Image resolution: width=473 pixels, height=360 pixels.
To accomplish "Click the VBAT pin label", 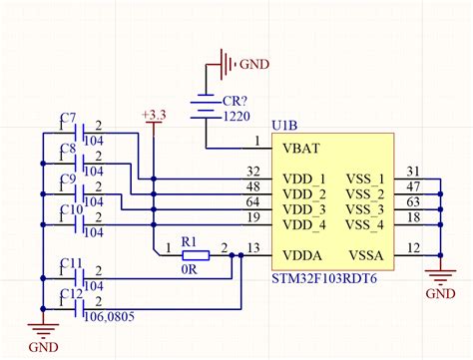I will click(301, 149).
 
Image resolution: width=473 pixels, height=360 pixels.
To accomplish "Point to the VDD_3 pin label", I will click(304, 210).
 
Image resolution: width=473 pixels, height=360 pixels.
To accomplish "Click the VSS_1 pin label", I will click(364, 179).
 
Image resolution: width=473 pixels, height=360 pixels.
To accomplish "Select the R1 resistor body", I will click(195, 255).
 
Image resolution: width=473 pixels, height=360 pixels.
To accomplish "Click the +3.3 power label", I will click(154, 116).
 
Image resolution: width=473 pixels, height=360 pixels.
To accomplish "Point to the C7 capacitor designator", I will click(68, 120).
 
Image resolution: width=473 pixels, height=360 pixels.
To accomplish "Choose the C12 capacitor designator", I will click(70, 293).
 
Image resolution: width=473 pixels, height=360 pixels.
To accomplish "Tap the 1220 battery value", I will click(236, 118).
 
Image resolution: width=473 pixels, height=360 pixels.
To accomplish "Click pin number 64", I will click(253, 203).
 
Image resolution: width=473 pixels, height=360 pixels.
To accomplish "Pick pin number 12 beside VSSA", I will click(414, 248).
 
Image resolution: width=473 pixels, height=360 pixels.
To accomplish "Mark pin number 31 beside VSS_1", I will click(414, 172).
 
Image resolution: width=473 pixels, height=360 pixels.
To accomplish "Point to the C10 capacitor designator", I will click(70, 210).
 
